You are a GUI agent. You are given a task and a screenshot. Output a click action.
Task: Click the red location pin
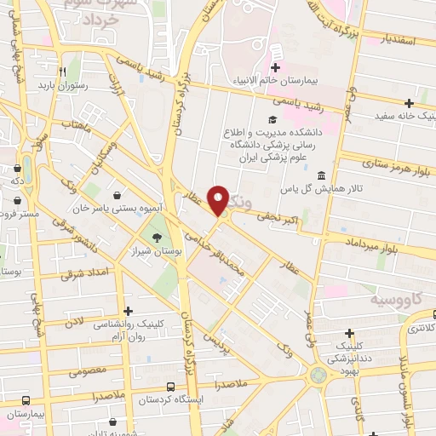pyautogui.click(x=218, y=201)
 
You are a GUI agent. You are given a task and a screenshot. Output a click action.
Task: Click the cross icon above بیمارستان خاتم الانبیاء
pyautogui.click(x=275, y=67)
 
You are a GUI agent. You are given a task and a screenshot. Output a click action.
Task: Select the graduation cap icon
pyautogui.click(x=272, y=120)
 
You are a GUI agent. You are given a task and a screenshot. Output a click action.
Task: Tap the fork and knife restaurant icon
pyautogui.click(x=62, y=72)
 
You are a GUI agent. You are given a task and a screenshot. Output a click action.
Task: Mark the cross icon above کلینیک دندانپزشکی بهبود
pyautogui.click(x=348, y=333)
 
